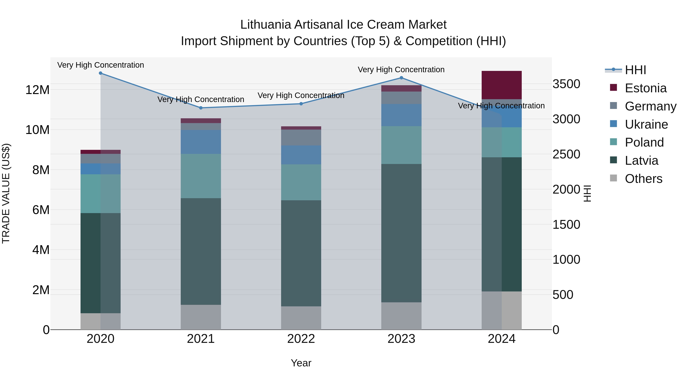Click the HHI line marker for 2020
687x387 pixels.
pyautogui.click(x=101, y=73)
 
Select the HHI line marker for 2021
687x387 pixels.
pyautogui.click(x=201, y=108)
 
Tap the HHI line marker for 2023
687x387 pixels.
pyautogui.click(x=401, y=78)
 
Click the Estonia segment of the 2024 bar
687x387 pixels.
pyautogui.click(x=502, y=85)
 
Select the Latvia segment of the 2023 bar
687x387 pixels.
pyautogui.click(x=401, y=233)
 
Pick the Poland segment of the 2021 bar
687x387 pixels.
pyautogui.click(x=201, y=176)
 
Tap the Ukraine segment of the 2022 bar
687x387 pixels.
pyautogui.click(x=301, y=155)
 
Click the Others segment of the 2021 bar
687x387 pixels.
pyautogui.click(x=201, y=317)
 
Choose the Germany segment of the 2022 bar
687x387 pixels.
pyautogui.click(x=301, y=138)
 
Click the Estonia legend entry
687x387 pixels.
pyautogui.click(x=645, y=88)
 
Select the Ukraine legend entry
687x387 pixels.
pyautogui.click(x=646, y=124)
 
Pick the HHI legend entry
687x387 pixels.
pyautogui.click(x=635, y=70)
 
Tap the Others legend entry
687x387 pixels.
pyautogui.click(x=643, y=179)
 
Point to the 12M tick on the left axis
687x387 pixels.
pyautogui.click(x=37, y=90)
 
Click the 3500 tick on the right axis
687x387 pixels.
pyautogui.click(x=566, y=84)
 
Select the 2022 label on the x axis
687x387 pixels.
pyautogui.click(x=301, y=339)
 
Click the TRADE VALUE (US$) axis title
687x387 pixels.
pyautogui.click(x=6, y=193)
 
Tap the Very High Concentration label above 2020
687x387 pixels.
pyautogui.click(x=101, y=65)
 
